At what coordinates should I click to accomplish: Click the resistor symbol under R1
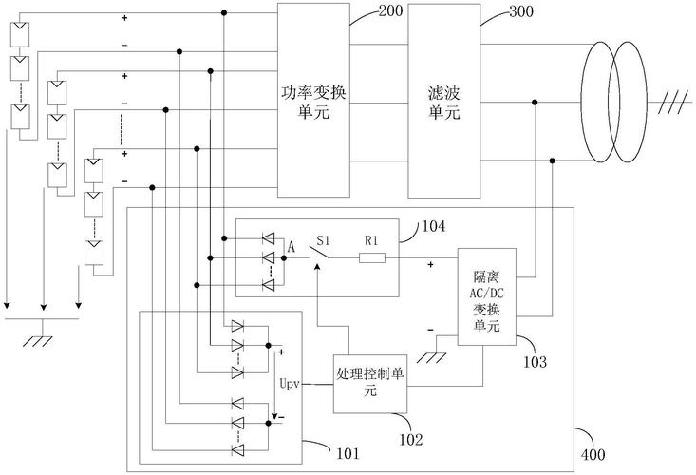[372, 257]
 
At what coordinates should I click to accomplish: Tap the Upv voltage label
[291, 386]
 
